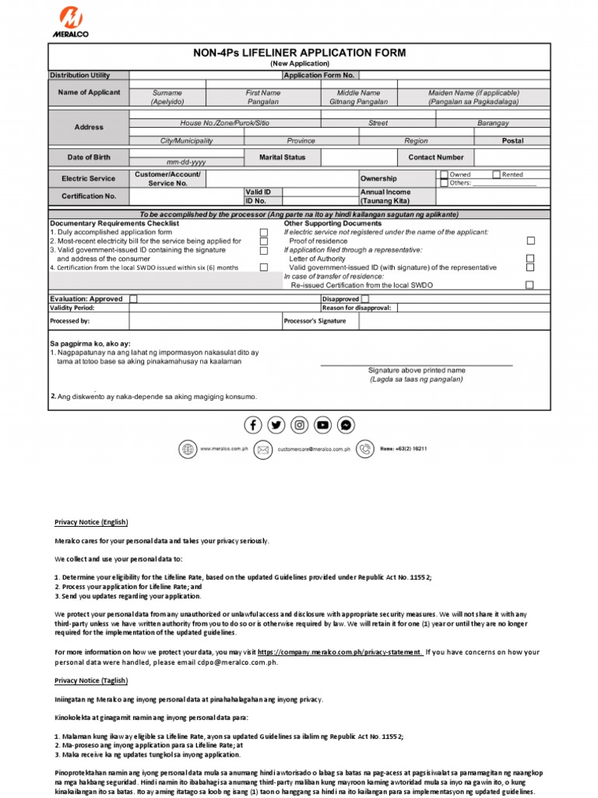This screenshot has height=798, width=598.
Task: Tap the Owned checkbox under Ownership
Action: (444, 175)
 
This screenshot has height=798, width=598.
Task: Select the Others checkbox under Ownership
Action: (444, 183)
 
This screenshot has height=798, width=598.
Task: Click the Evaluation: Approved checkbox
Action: (133, 298)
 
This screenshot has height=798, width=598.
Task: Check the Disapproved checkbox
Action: (364, 298)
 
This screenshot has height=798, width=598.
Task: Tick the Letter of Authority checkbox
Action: (530, 259)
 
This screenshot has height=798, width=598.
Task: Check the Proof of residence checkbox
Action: (530, 241)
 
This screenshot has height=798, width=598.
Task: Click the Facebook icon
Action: (253, 425)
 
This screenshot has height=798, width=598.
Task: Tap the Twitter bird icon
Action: (276, 425)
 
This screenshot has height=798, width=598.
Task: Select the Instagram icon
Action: (299, 425)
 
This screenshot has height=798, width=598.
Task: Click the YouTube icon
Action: (322, 425)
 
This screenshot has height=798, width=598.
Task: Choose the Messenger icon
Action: (346, 425)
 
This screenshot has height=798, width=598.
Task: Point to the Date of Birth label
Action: (89, 157)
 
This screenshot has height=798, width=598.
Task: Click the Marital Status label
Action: (283, 157)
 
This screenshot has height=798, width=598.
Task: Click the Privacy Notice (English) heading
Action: (91, 522)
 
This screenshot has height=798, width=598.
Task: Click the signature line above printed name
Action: (417, 365)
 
